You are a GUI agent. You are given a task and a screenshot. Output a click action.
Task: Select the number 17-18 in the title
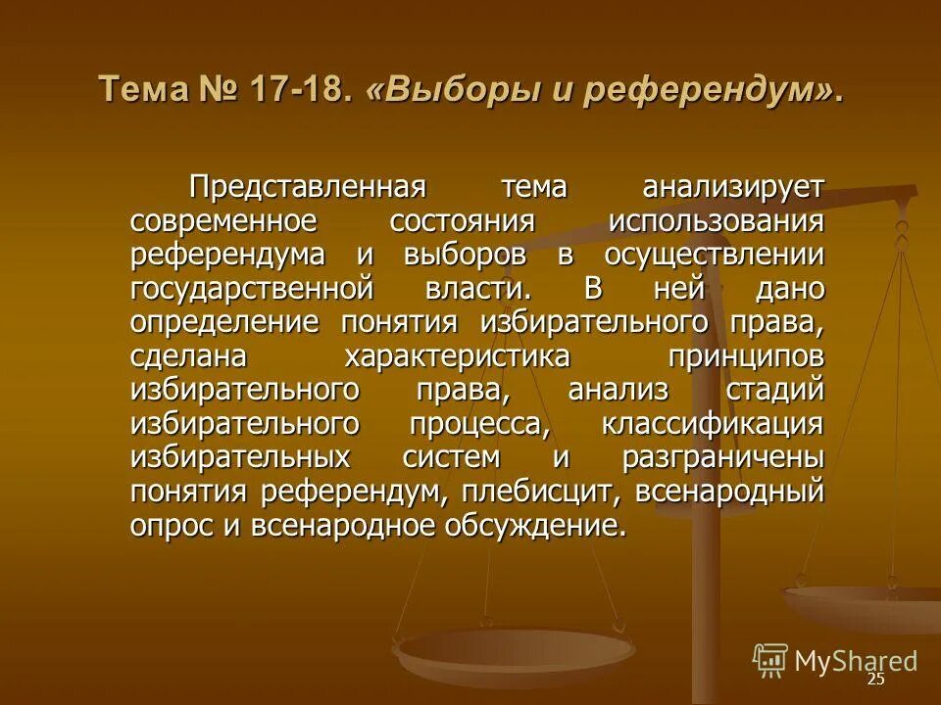301,92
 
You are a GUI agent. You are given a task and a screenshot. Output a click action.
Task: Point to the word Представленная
306,186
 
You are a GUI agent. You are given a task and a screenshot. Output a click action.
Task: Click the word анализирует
734,186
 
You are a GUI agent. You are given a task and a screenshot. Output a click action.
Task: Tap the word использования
716,221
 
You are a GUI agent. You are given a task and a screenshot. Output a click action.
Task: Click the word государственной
252,290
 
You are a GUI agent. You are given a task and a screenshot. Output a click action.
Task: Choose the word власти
467,290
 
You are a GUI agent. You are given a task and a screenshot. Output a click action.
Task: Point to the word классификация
713,425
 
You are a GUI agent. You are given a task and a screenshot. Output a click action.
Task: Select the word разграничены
722,458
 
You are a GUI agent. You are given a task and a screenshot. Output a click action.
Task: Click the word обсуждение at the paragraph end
535,527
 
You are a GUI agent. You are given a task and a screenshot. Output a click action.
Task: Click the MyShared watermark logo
835,661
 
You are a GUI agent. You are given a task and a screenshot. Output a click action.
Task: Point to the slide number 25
875,680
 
